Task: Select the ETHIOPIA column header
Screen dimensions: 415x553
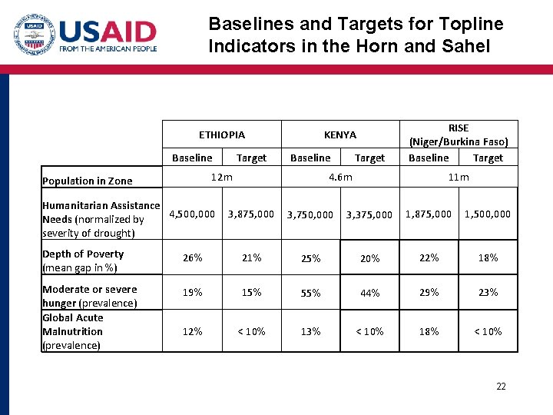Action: [222, 134]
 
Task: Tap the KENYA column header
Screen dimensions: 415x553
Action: [340, 134]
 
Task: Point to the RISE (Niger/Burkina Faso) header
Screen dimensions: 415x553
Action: [459, 134]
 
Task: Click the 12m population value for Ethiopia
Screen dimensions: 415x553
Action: [222, 178]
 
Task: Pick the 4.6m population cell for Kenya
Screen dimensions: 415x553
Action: [340, 178]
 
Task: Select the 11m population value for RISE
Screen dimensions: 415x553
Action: [459, 178]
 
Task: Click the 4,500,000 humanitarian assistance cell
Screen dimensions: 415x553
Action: [192, 214]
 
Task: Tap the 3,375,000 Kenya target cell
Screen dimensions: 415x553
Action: [369, 214]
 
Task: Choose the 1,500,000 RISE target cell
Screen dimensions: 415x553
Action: [488, 214]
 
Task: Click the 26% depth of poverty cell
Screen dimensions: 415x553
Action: [192, 257]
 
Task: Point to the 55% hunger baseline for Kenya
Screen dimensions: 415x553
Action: [310, 293]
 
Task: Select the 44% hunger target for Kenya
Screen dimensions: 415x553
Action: [369, 293]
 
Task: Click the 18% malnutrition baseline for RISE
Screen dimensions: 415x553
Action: [429, 331]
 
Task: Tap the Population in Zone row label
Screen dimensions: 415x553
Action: [88, 181]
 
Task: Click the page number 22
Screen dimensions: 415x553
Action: [501, 387]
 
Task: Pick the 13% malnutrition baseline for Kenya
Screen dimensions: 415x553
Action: [310, 331]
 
